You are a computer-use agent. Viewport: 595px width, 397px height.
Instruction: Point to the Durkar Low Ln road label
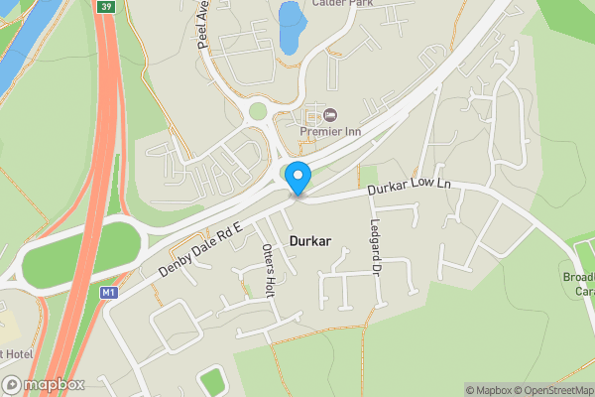click(x=410, y=186)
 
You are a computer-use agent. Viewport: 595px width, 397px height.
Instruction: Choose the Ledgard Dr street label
click(x=376, y=245)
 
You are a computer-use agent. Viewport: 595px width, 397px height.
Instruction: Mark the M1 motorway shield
click(x=108, y=293)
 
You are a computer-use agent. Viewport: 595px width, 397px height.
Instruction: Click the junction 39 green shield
click(x=105, y=6)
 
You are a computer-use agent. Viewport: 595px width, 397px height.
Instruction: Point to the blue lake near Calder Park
click(x=292, y=27)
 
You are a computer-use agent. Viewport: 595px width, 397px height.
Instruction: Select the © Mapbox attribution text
click(x=490, y=390)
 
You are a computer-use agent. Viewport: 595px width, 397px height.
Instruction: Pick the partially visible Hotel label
click(x=19, y=353)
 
